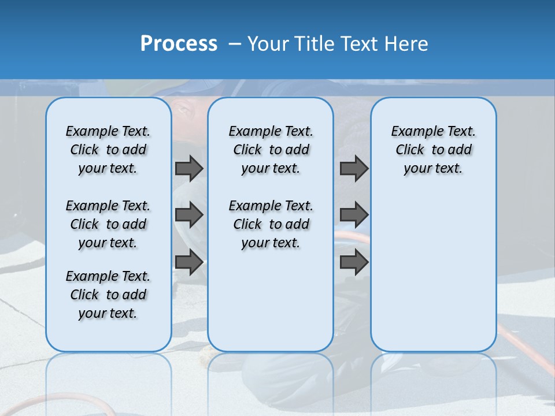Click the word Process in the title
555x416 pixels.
click(x=178, y=44)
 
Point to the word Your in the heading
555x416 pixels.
click(x=268, y=44)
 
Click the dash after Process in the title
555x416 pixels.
click(x=235, y=44)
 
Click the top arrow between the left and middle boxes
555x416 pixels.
click(x=189, y=168)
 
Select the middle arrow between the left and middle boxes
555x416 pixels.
click(x=189, y=215)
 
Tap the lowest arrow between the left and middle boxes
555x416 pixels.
click(x=189, y=262)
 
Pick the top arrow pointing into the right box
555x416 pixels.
click(x=354, y=168)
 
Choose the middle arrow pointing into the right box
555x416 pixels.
click(x=354, y=215)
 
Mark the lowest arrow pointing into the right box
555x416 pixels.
click(x=354, y=262)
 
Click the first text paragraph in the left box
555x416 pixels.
click(x=108, y=150)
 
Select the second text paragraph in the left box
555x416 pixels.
click(x=108, y=224)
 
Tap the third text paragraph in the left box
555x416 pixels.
click(x=108, y=295)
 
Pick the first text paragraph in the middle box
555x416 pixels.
click(x=271, y=150)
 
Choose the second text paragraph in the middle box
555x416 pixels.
click(x=271, y=224)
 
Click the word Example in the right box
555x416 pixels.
click(x=412, y=131)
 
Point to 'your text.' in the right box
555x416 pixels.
click(x=433, y=169)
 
